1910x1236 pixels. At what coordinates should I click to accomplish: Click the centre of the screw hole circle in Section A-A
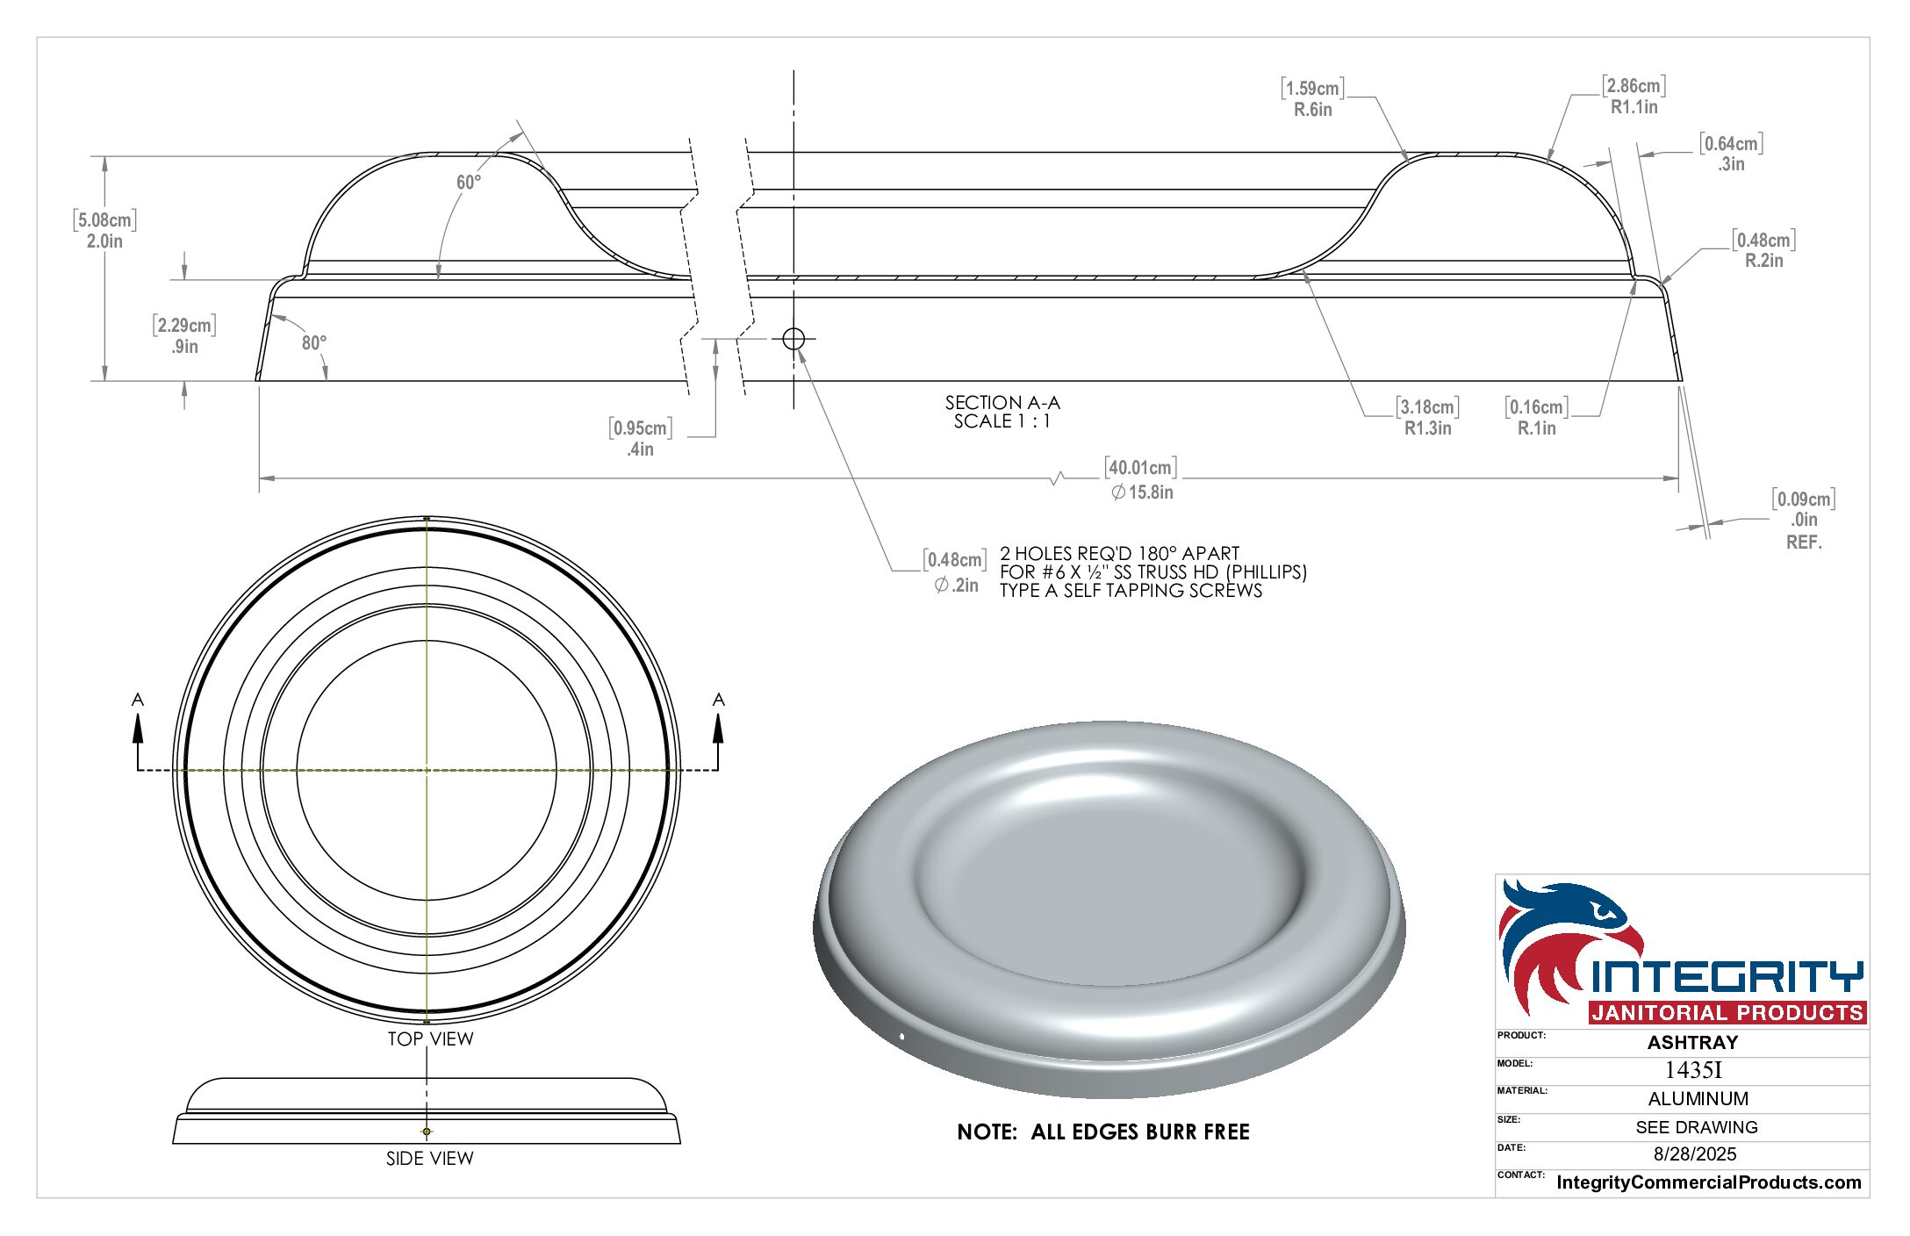click(x=793, y=338)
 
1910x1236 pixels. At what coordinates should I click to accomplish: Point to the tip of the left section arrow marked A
click(x=138, y=714)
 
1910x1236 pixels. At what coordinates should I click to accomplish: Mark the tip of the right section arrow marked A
click(x=718, y=714)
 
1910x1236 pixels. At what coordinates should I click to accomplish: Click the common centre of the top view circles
click(x=427, y=770)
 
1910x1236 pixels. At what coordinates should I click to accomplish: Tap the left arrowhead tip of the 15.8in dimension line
click(x=260, y=478)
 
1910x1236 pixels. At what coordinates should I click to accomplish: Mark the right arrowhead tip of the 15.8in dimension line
click(x=1678, y=478)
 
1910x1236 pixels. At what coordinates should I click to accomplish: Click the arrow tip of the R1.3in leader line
click(x=1303, y=272)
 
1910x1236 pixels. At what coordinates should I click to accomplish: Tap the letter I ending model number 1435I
click(x=1718, y=1070)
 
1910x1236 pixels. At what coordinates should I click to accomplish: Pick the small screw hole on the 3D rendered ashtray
click(x=902, y=1038)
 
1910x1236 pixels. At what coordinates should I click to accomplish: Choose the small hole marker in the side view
click(x=427, y=1132)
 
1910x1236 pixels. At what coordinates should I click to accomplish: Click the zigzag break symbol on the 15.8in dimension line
click(x=1059, y=478)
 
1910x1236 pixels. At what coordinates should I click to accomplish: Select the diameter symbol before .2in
click(x=941, y=585)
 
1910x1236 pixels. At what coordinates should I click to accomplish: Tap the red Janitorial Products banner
click(x=1727, y=1012)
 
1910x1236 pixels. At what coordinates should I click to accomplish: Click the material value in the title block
click(x=1698, y=1098)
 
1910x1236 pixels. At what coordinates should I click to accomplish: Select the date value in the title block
click(x=1695, y=1153)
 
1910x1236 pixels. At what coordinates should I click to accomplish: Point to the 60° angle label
click(x=469, y=182)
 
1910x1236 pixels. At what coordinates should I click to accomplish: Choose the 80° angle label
click(x=314, y=342)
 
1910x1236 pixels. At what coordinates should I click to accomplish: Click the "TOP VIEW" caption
click(x=430, y=1038)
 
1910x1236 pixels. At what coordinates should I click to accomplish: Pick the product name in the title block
click(x=1692, y=1042)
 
